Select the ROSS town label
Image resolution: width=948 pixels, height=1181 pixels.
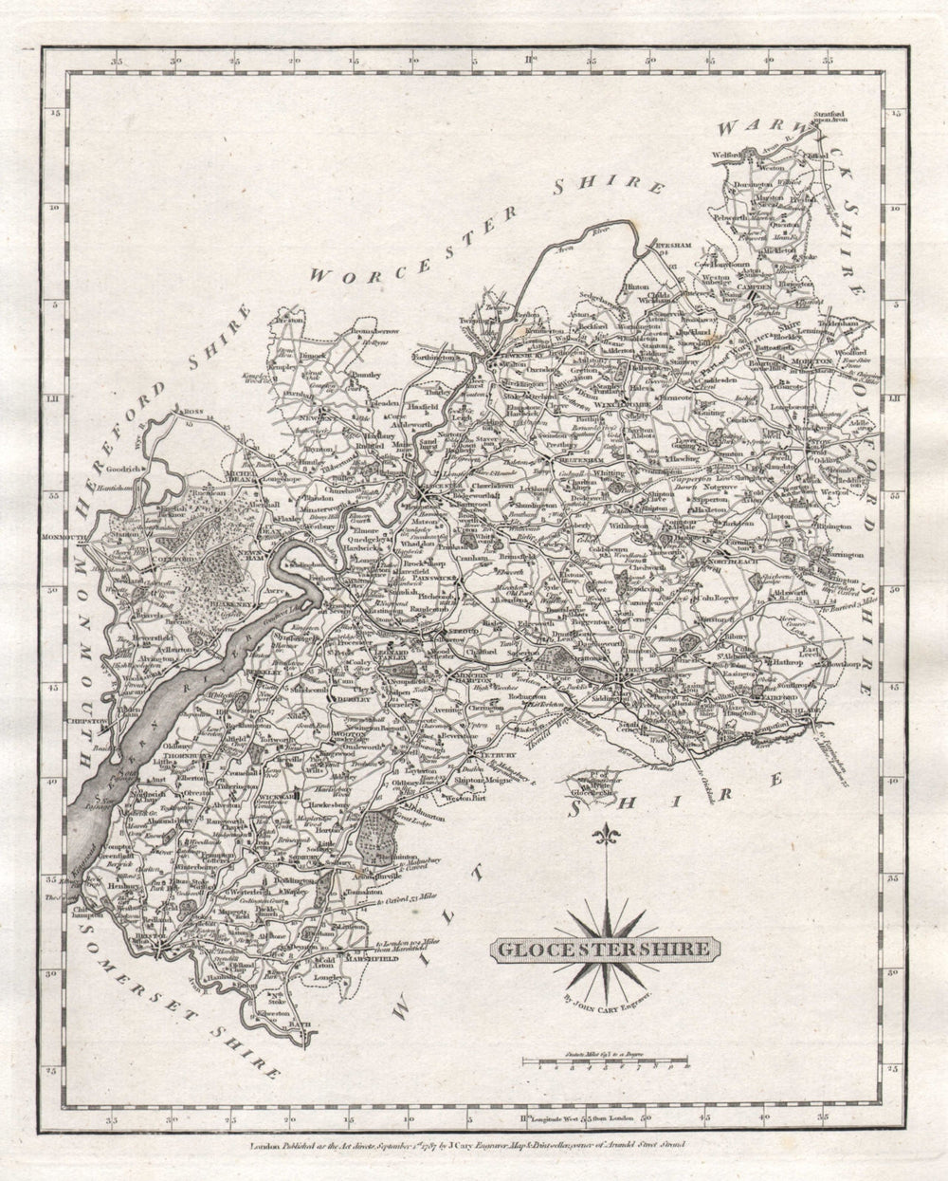[x=194, y=412]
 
